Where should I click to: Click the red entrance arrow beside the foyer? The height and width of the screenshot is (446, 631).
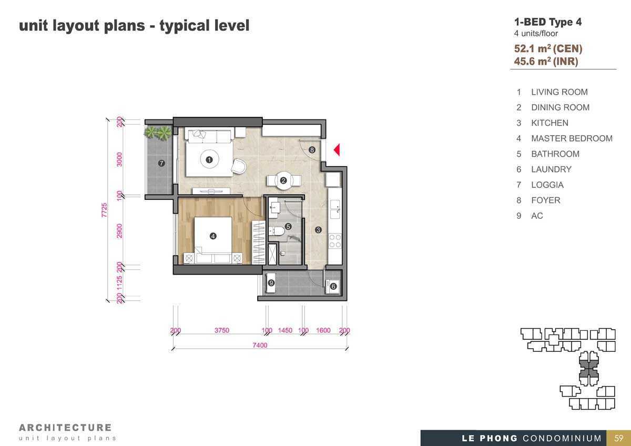pos(337,149)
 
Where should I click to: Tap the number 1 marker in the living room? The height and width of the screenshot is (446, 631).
pos(209,160)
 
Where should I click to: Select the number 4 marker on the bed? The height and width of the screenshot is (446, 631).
pos(213,236)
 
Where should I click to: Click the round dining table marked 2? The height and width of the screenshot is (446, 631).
pos(283,180)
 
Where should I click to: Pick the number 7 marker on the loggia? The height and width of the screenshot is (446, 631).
pos(161,163)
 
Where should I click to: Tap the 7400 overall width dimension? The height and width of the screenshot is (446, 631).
pos(260,345)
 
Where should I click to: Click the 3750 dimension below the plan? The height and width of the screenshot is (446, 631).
pos(222,330)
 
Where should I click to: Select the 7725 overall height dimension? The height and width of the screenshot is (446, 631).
pos(104,210)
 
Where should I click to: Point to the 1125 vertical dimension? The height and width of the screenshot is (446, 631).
pos(119,283)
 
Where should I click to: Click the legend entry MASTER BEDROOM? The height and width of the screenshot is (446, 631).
pos(572,138)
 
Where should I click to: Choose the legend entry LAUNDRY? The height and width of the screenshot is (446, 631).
pos(551,169)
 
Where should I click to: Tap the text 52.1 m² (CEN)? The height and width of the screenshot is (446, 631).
pos(548,48)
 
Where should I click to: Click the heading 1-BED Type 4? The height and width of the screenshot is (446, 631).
pos(548,22)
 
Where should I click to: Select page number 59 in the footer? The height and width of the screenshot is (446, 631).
pos(618,438)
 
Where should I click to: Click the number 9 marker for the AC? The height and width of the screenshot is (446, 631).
pos(271,282)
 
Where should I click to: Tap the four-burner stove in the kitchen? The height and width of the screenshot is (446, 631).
pos(335,241)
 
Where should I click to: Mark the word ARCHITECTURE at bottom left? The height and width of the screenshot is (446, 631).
pos(65,428)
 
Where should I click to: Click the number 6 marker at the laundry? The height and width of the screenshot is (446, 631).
pos(333,286)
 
